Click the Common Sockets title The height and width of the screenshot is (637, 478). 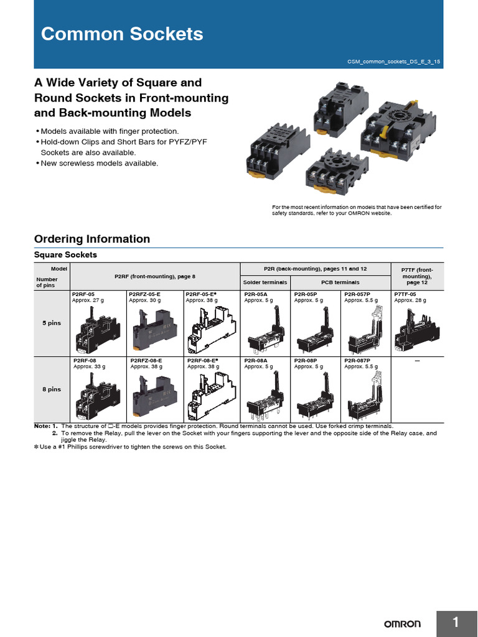122,34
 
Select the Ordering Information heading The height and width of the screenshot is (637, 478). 91,239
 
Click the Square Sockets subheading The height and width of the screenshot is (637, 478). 65,255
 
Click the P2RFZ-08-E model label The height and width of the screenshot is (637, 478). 146,360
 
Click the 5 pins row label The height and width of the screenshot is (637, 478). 52,323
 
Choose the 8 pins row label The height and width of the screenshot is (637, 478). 52,389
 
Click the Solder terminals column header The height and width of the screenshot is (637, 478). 265,282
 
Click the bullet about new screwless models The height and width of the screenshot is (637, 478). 100,163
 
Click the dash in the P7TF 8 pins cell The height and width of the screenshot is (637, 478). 417,361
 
